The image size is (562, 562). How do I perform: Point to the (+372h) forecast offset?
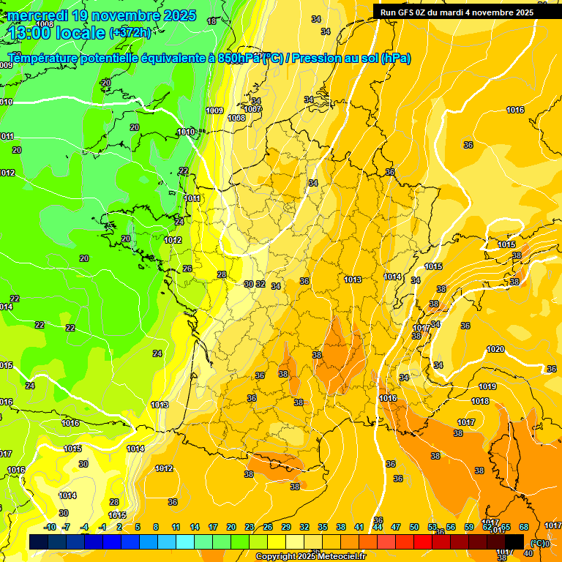point(130,32)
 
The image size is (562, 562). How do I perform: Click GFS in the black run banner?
point(408,12)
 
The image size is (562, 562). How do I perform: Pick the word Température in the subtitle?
point(43,59)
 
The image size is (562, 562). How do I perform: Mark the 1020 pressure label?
point(495,349)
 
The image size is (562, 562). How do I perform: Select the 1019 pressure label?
point(487,386)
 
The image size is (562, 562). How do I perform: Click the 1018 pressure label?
point(480,401)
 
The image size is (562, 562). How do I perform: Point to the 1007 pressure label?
point(253,109)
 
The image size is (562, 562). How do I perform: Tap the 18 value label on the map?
point(212,21)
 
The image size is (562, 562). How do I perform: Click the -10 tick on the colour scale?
point(50,527)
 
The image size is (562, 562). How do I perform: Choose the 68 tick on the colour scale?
point(524,527)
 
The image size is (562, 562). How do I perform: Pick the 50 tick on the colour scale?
point(414,527)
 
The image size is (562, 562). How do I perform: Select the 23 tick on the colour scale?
point(250,527)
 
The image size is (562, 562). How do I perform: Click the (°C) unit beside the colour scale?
point(539,543)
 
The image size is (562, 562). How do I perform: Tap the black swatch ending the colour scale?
point(514,542)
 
